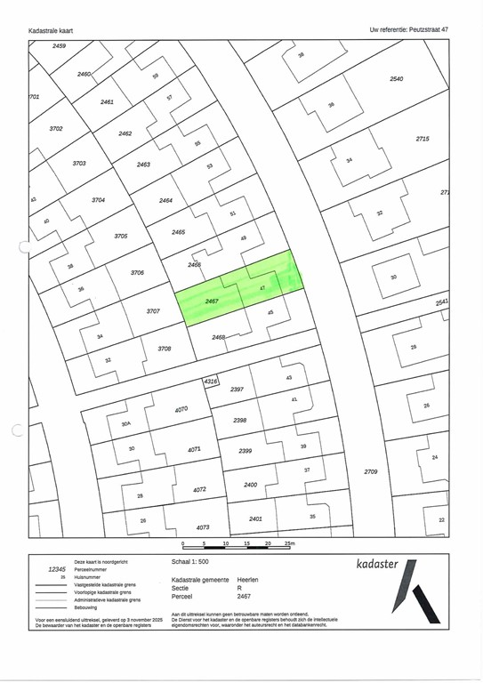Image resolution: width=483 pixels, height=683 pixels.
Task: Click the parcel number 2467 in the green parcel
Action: (x=212, y=301)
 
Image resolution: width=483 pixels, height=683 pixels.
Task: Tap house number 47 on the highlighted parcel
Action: (x=262, y=289)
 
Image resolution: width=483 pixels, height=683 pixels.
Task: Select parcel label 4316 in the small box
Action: (x=211, y=381)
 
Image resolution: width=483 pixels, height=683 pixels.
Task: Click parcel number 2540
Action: (x=397, y=79)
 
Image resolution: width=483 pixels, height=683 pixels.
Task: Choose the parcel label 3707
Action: (x=153, y=310)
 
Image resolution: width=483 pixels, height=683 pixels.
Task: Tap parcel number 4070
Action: (x=181, y=409)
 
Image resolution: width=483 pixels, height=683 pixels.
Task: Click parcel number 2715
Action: (x=423, y=139)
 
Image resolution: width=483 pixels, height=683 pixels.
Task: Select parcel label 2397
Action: (x=237, y=390)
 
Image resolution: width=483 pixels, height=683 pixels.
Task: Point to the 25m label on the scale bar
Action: (x=289, y=542)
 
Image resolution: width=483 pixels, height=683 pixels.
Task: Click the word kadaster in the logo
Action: (x=378, y=564)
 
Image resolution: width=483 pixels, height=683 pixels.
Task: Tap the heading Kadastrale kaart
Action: (x=51, y=30)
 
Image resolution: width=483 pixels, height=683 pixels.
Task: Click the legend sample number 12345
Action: (x=57, y=569)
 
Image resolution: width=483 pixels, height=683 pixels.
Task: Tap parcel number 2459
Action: (x=60, y=44)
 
